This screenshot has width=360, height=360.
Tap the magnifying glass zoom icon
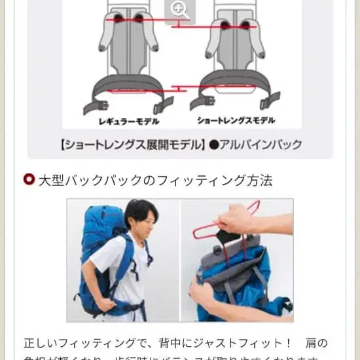point(179,9)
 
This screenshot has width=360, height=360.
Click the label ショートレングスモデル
point(236,121)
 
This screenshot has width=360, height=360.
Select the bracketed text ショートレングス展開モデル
point(132,144)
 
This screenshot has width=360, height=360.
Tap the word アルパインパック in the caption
point(260,144)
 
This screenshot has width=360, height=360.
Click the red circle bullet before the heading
point(28,180)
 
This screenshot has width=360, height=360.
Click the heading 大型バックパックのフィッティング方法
point(155,180)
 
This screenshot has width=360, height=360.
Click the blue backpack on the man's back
point(98,255)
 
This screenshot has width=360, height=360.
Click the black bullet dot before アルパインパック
point(213,144)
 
